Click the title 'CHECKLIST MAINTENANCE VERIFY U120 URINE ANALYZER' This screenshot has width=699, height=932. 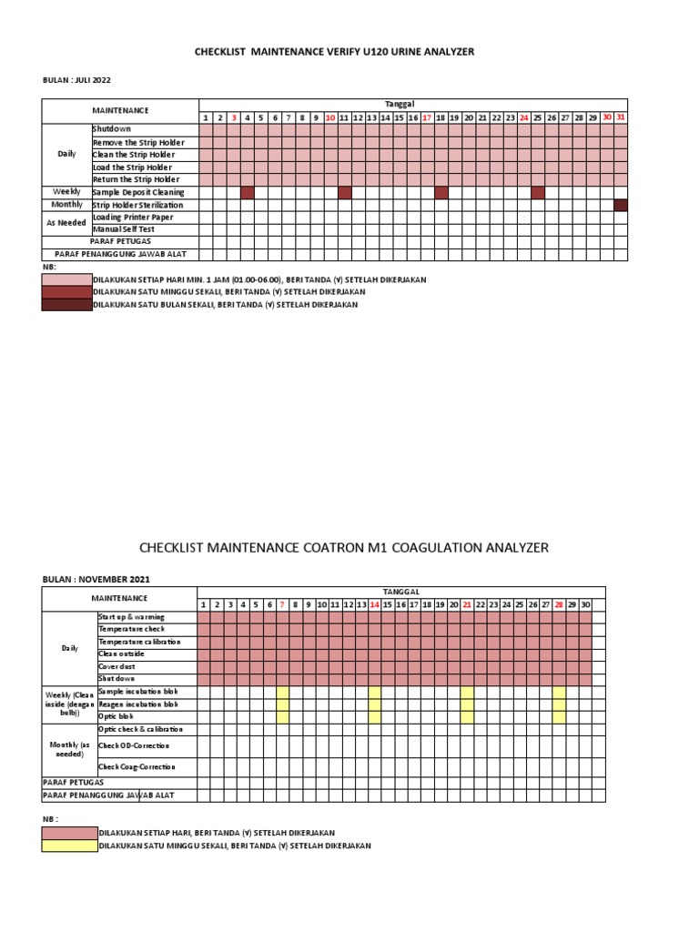click(x=334, y=52)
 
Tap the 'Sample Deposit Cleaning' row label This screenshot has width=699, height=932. click(x=138, y=192)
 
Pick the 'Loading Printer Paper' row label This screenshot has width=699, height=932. click(x=133, y=218)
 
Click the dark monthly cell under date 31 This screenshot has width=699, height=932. click(x=620, y=205)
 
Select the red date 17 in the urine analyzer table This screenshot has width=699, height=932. click(x=426, y=117)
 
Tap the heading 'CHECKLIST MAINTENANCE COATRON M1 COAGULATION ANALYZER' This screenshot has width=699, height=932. click(x=344, y=547)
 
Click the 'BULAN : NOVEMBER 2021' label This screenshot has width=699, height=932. click(x=96, y=579)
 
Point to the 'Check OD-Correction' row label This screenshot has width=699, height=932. click(x=135, y=745)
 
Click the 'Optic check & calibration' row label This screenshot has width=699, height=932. click(x=140, y=729)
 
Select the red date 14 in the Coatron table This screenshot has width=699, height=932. click(x=374, y=604)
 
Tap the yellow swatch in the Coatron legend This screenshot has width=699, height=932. click(x=68, y=846)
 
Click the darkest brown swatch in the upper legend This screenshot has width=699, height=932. click(x=66, y=304)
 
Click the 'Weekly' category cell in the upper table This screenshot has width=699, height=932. click(x=66, y=192)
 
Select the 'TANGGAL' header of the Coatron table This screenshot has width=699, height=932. click(x=400, y=592)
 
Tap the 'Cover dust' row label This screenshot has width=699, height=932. click(x=118, y=666)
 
